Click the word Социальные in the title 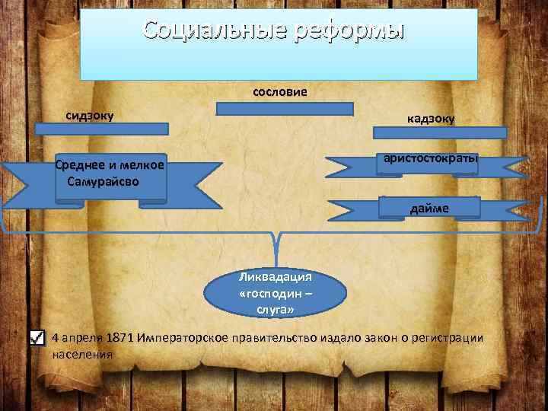[x=206, y=31]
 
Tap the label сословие [x=280, y=92]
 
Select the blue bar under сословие [x=285, y=109]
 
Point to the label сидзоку [x=90, y=116]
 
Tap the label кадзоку [x=431, y=118]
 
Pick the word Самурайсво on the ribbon [x=102, y=183]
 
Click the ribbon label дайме [x=430, y=208]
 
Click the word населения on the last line [x=82, y=354]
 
